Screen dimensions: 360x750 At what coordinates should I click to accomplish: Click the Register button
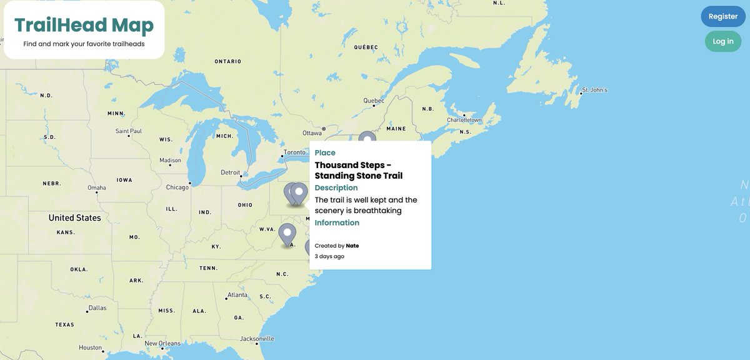pos(723,16)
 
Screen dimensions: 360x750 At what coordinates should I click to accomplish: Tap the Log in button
pos(723,41)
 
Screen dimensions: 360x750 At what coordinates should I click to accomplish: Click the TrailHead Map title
pos(84,25)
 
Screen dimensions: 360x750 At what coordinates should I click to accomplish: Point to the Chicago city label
pos(177,187)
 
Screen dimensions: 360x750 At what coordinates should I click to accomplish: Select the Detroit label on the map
pos(230,172)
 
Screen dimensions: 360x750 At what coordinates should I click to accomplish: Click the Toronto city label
pos(294,152)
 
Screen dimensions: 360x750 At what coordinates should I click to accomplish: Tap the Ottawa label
pos(312,133)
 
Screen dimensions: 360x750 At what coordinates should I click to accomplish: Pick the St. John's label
pos(594,90)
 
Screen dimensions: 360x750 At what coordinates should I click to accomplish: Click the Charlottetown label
pos(464,119)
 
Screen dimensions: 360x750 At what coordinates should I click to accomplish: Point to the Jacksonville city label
pos(257,339)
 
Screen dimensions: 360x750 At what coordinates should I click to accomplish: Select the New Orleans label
pos(162,343)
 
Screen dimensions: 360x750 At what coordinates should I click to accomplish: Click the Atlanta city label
pos(237,295)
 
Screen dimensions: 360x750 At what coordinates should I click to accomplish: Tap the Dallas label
pos(97,307)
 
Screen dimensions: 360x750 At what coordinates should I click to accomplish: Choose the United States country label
pos(75,217)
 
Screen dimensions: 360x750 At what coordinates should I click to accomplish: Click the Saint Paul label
pos(129,131)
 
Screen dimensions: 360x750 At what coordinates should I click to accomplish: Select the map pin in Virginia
pos(287,234)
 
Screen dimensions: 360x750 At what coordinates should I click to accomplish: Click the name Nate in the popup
pos(352,246)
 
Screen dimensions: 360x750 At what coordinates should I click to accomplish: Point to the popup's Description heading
pos(336,187)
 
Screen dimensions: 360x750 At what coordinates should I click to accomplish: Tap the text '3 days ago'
pos(329,256)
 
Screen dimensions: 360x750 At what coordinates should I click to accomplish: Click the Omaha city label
pos(97,187)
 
